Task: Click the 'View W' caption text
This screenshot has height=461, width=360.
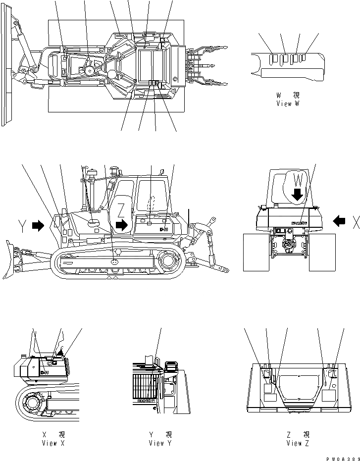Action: coord(289,104)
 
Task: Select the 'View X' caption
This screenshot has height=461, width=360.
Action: coord(53,443)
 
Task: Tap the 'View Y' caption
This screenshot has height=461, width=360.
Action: coord(160,443)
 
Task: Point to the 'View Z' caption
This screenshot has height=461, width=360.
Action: coord(297,443)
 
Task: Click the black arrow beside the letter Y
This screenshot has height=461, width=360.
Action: coord(38,226)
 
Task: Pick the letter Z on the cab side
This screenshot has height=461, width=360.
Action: coord(121,209)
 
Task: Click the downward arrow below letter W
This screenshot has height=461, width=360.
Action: coord(297,195)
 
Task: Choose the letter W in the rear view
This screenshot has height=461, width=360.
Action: coord(298,179)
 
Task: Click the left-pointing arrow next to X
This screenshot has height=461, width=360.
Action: coord(340,221)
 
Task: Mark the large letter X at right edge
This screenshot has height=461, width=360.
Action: coord(355,223)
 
